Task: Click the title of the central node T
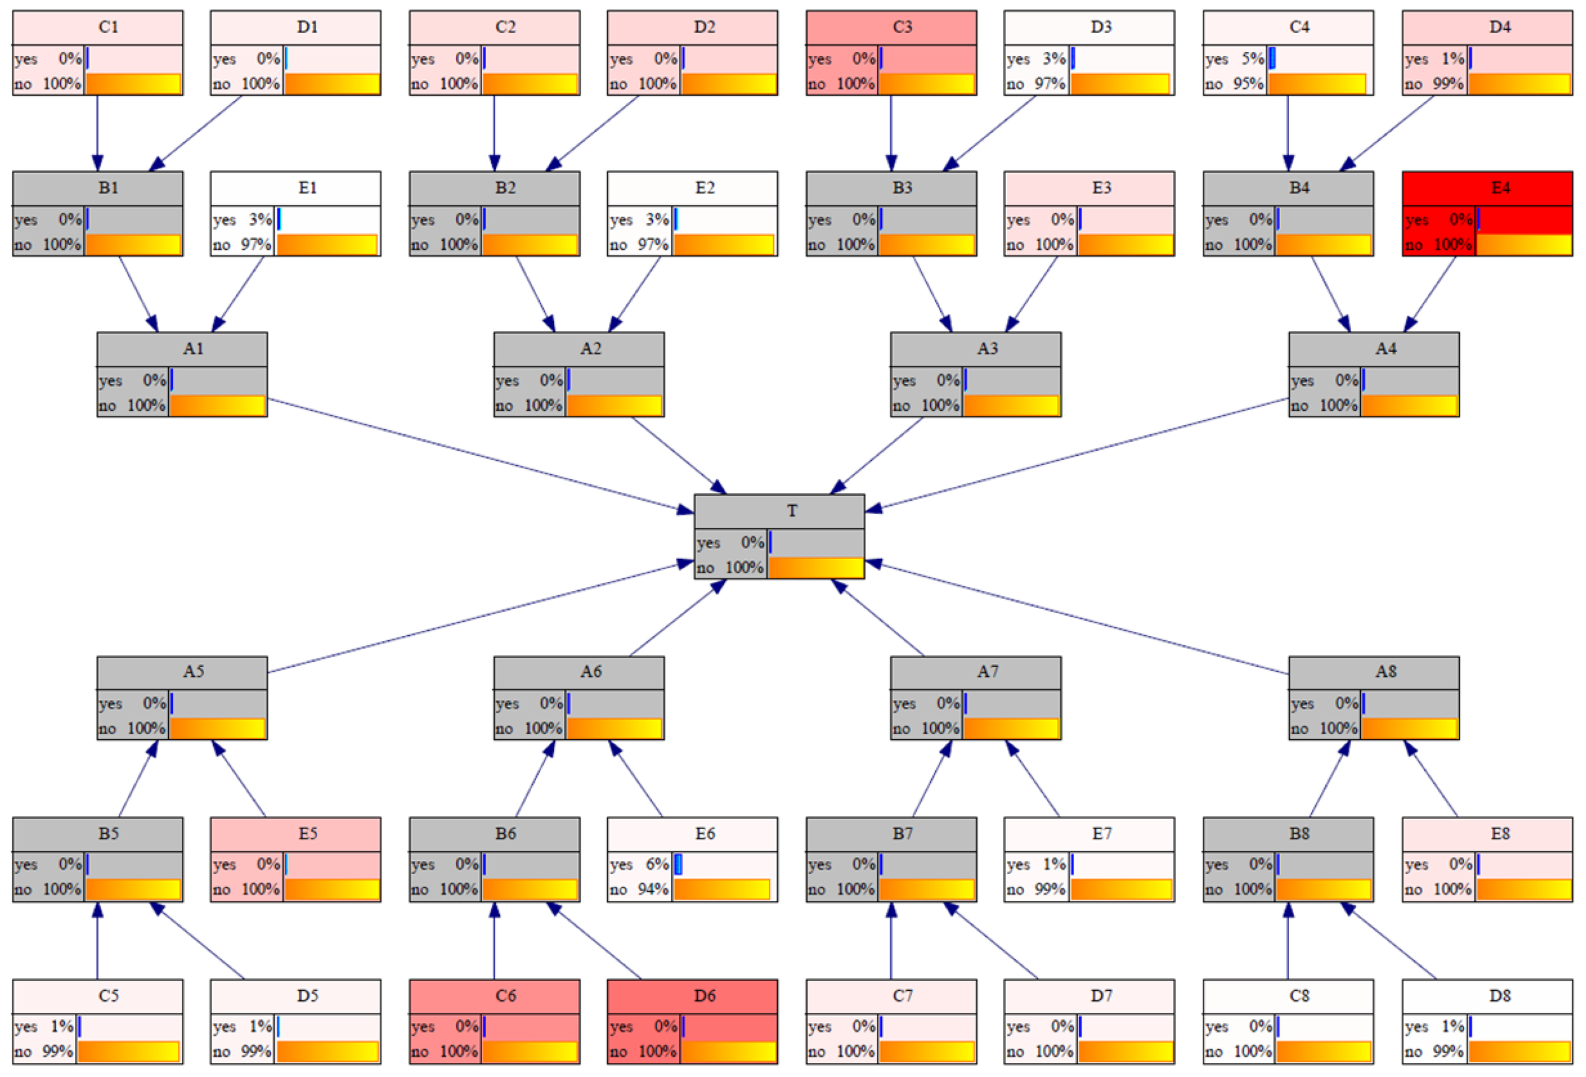pos(792,511)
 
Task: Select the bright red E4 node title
pos(1500,188)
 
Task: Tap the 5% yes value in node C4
pos(1253,59)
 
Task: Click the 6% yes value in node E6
pos(657,864)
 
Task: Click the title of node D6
pos(704,996)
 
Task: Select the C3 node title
pos(902,27)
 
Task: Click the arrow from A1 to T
pos(478,456)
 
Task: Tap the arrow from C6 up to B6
pos(494,941)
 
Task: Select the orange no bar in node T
pos(815,567)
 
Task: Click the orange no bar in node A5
pos(217,728)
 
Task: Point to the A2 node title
pos(591,349)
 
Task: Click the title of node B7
pos(902,834)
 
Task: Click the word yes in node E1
pos(225,219)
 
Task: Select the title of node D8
pos(1500,996)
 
